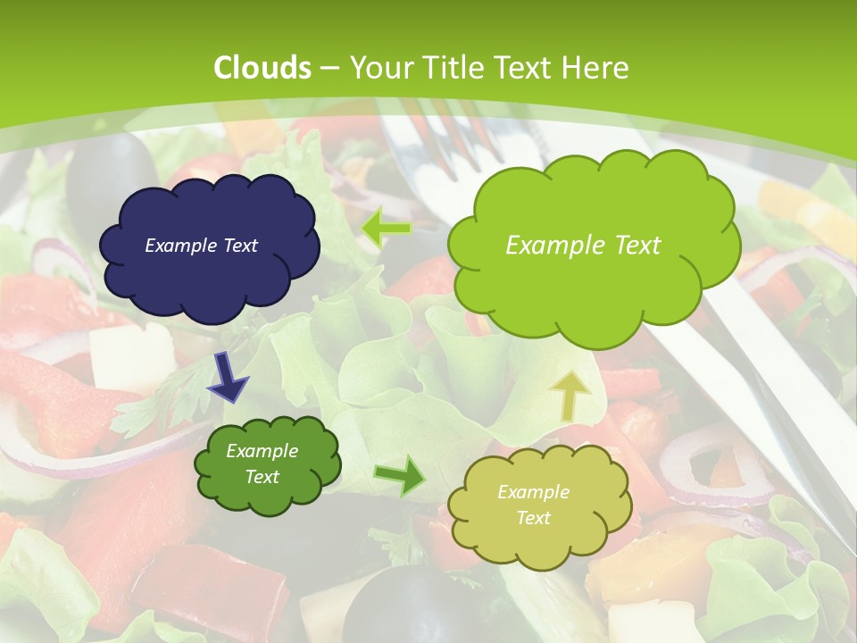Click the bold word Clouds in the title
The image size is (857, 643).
(262, 68)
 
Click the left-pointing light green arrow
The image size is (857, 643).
(386, 228)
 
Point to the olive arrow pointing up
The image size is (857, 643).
(571, 396)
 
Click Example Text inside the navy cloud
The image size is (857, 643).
(201, 246)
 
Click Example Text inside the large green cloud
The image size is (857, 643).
(583, 246)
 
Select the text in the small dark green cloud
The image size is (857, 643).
(262, 464)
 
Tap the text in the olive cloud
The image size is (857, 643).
(533, 505)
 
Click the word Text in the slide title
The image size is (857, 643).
(525, 68)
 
